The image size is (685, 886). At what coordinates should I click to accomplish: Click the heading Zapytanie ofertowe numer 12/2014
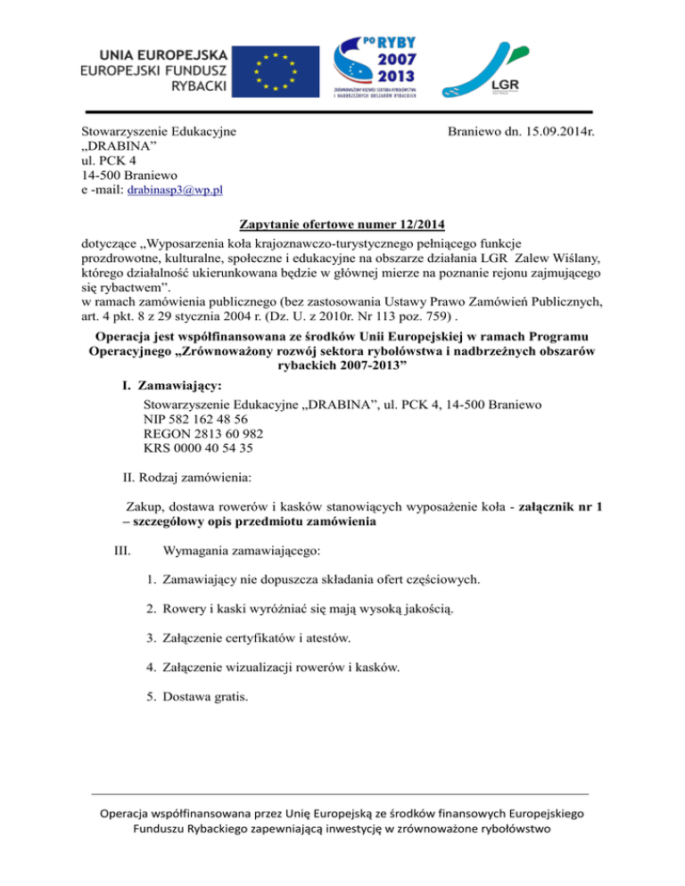342,224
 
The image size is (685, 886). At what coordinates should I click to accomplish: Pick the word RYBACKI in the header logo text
198,86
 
